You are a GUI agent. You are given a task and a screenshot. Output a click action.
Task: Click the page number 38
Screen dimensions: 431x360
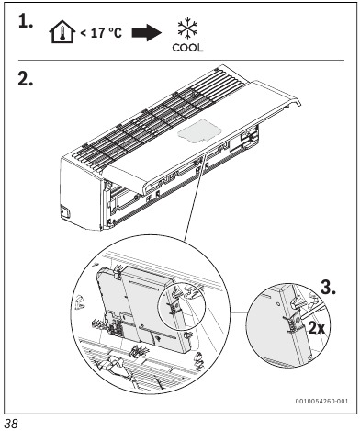14,422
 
